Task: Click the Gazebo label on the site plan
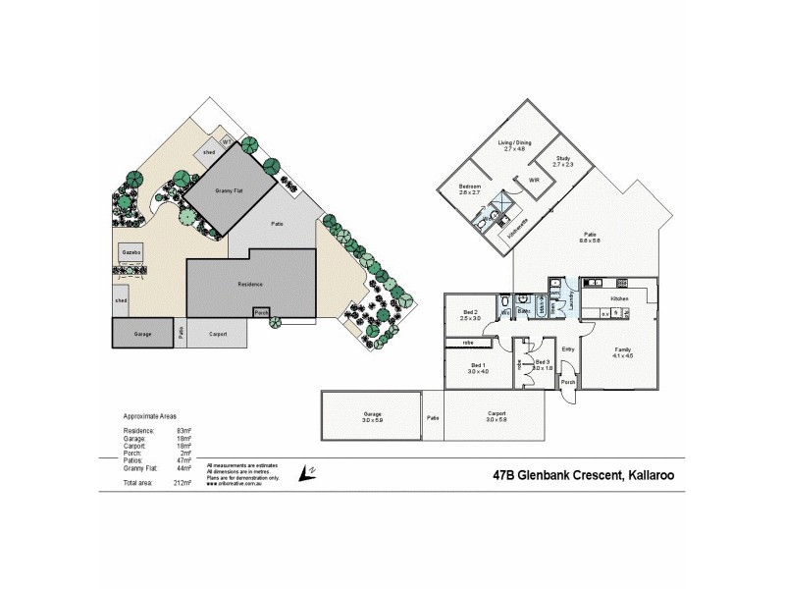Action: pos(132,251)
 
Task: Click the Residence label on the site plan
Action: pos(252,285)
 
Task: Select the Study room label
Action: pos(562,158)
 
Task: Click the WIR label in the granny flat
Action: pos(535,182)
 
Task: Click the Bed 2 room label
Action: pos(470,313)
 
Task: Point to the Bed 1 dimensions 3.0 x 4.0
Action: pos(478,370)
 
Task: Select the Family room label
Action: pos(622,350)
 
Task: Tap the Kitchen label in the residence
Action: pos(619,297)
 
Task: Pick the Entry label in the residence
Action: pos(567,348)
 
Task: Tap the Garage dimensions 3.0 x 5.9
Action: pos(370,418)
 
